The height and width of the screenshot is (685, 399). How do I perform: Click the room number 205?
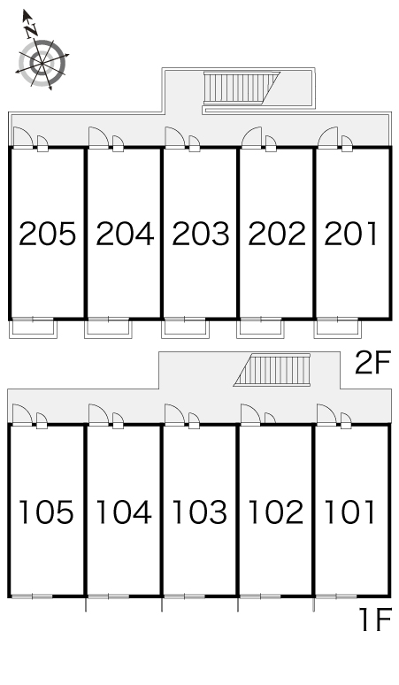pos(47,234)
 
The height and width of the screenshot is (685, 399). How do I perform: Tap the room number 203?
pos(200,234)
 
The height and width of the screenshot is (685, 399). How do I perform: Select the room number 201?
pos(350,234)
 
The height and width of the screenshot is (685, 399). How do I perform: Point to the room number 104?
pos(124,512)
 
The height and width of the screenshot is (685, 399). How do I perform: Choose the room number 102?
pos(276,512)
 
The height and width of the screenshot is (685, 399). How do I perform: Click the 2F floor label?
pos(372,363)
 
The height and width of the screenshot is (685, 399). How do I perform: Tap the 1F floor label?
pos(374,620)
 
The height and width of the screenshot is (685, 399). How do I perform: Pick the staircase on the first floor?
pos(272,370)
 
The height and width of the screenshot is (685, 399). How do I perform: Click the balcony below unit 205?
pos(34,328)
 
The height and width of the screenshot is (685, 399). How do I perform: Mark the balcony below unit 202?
pos(261,328)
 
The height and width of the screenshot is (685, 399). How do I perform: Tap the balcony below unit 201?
pos(337,328)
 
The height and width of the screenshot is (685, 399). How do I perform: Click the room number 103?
pos(200,512)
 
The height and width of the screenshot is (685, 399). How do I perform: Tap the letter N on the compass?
pos(31,31)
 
